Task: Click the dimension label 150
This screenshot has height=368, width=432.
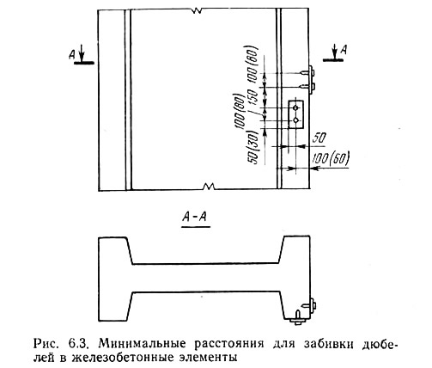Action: pyautogui.click(x=253, y=97)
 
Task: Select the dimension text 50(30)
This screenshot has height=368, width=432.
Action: pyautogui.click(x=254, y=147)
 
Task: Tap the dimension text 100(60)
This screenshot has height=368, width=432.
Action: pyautogui.click(x=331, y=158)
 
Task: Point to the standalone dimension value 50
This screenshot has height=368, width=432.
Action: pyautogui.click(x=319, y=138)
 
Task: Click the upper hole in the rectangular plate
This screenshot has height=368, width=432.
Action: pyautogui.click(x=296, y=107)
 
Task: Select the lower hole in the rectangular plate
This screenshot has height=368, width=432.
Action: pyautogui.click(x=296, y=120)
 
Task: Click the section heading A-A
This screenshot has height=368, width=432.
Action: pyautogui.click(x=195, y=218)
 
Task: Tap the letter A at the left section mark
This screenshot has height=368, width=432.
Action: pyautogui.click(x=72, y=54)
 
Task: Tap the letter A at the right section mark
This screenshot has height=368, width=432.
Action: pyautogui.click(x=344, y=50)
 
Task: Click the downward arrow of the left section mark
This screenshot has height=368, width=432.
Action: pyautogui.click(x=82, y=53)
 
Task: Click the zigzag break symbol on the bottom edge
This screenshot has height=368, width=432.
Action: pyautogui.click(x=209, y=186)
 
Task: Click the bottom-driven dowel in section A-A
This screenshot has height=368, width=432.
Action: pyautogui.click(x=298, y=317)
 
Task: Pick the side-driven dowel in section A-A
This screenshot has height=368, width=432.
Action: pyautogui.click(x=308, y=304)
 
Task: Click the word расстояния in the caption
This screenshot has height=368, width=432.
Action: pyautogui.click(x=229, y=344)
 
